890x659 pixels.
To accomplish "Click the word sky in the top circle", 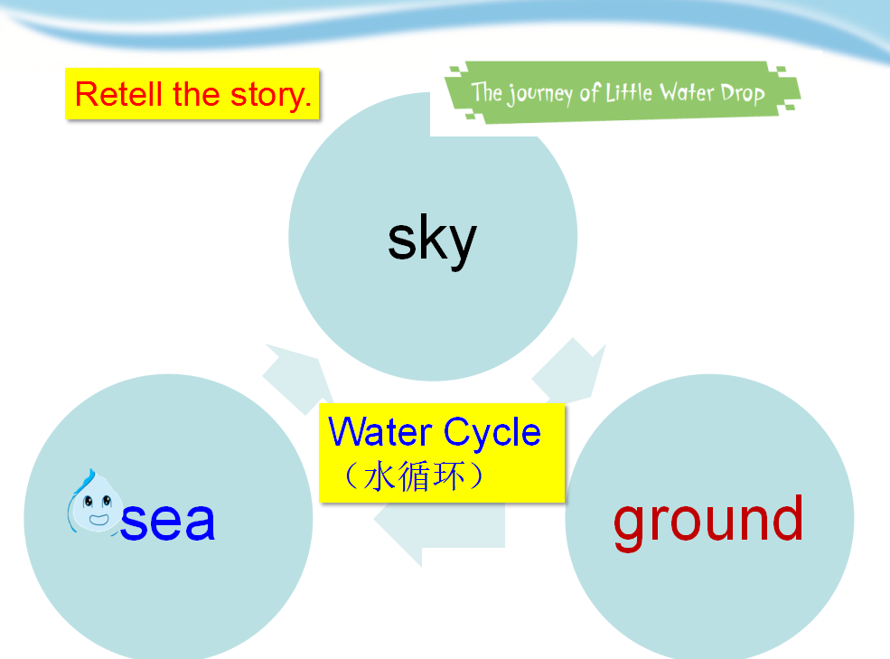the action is pos(432,240).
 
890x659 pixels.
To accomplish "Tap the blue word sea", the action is pos(167,521).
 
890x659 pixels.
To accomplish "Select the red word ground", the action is pos(708,521).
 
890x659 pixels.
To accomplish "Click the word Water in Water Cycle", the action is pos(380,432).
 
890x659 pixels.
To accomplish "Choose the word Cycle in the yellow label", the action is pos(492,434).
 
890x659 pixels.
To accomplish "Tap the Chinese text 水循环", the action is pos(414,476).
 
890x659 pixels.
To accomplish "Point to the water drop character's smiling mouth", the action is pos(98,519).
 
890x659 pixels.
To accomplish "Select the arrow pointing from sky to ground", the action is pos(568,371).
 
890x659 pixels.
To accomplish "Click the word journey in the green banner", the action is pos(539,93).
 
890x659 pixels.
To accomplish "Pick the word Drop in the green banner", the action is pos(743,93).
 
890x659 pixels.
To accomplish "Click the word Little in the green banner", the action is pos(629,92).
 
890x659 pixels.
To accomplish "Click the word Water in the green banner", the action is pos(686,92).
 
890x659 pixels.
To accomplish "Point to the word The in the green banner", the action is pos(487,92).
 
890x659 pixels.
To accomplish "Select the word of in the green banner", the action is pos(590,92).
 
